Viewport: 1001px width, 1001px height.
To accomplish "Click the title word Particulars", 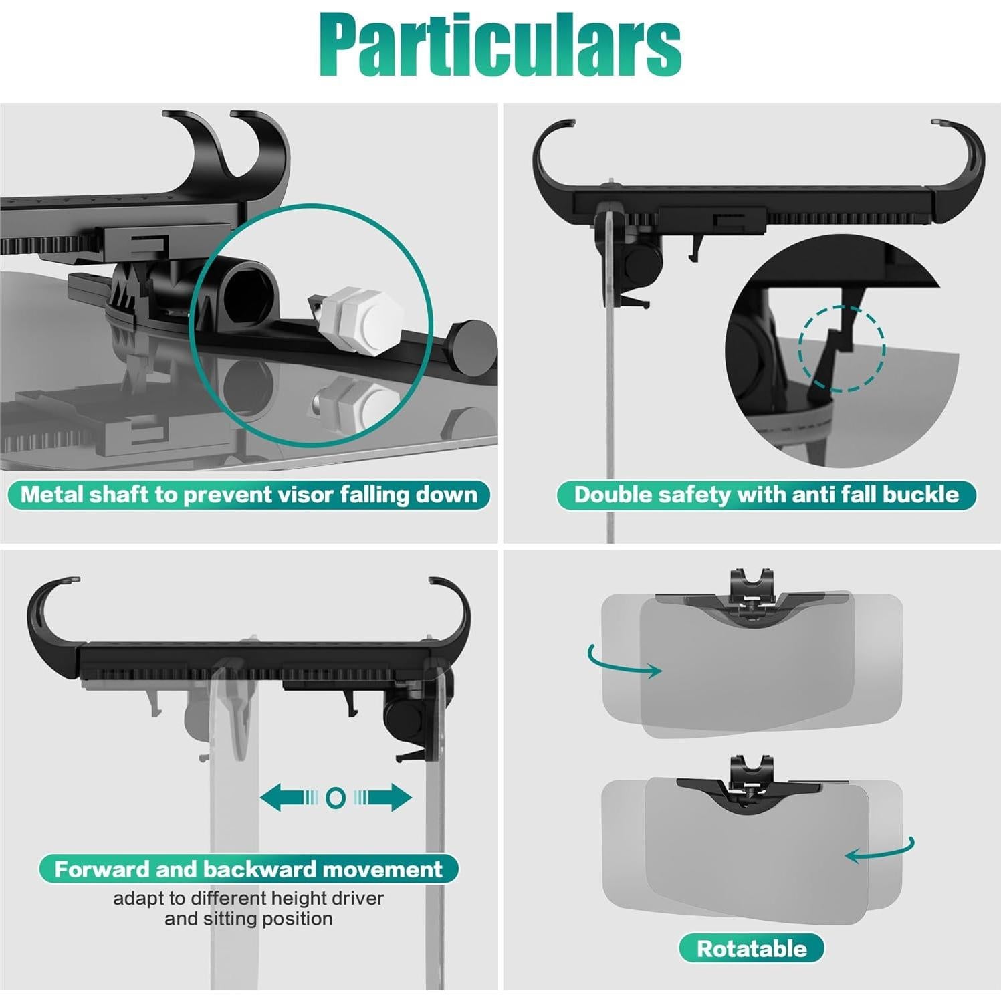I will [500, 45].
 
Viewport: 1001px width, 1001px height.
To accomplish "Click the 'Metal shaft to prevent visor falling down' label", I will [249, 495].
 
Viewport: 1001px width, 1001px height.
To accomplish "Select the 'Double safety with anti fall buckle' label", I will [766, 495].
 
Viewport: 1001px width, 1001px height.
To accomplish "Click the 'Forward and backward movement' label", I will [248, 869].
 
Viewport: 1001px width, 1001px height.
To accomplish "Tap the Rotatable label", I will [752, 948].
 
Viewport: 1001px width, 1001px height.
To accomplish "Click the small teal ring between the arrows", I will [336, 798].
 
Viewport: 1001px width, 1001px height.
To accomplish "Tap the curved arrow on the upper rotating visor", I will [623, 662].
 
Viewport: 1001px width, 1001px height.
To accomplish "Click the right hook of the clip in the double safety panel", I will [963, 160].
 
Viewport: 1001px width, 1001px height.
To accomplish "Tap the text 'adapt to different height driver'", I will [248, 898].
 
